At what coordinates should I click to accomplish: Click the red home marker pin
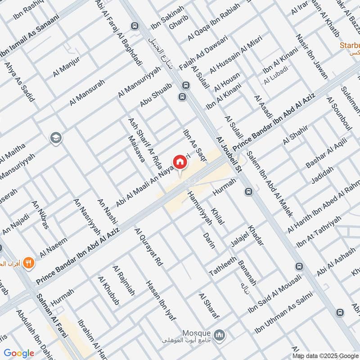coord(179,162)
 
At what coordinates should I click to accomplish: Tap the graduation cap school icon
coord(56,137)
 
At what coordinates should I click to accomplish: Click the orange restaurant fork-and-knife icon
coord(29,263)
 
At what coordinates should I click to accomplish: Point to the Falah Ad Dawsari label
coord(203,54)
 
